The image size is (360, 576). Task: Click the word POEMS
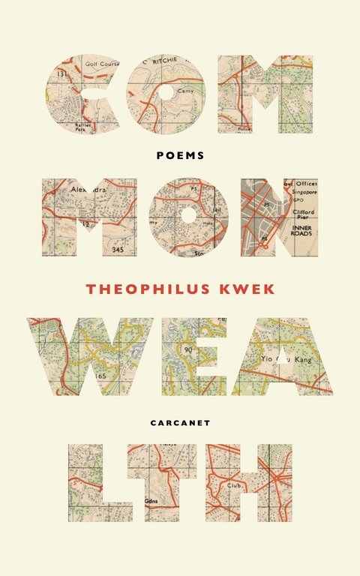[180, 155]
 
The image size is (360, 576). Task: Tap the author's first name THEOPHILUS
[140, 289]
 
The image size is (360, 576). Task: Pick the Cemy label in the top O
[186, 91]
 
